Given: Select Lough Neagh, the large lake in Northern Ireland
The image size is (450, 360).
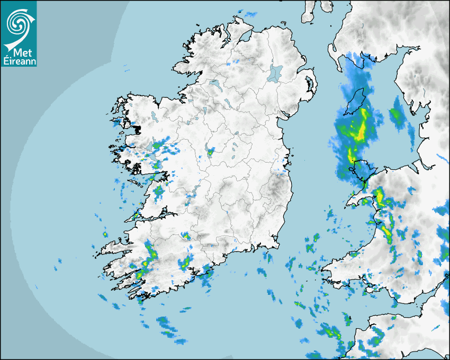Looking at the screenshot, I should (276, 73).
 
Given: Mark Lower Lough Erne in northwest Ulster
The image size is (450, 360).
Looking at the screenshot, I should (214, 84).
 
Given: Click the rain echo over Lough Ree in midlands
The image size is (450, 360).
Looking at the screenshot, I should (211, 152).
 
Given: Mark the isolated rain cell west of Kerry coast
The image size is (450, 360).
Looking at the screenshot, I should (105, 234).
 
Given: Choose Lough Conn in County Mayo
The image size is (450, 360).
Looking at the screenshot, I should (153, 115).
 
